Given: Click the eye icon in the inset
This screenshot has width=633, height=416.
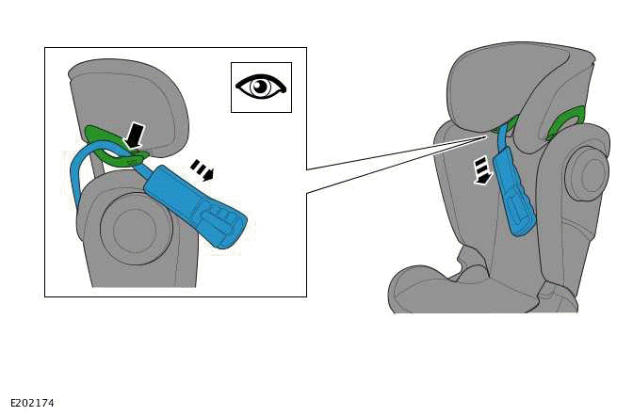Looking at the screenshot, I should (261, 88).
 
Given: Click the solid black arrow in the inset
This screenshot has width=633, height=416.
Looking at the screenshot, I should (136, 136).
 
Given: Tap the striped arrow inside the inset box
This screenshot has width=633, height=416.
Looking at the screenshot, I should (202, 169).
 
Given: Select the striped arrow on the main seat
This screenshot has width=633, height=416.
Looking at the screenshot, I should (482, 170).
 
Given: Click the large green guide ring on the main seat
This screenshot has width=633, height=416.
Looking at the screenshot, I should (566, 121).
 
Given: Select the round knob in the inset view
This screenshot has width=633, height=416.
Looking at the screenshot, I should (136, 229).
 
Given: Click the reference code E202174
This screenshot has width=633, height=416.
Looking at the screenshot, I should (32, 403).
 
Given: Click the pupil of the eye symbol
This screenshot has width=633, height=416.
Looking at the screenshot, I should (260, 87).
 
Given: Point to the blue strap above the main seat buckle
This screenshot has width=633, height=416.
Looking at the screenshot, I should (501, 136).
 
